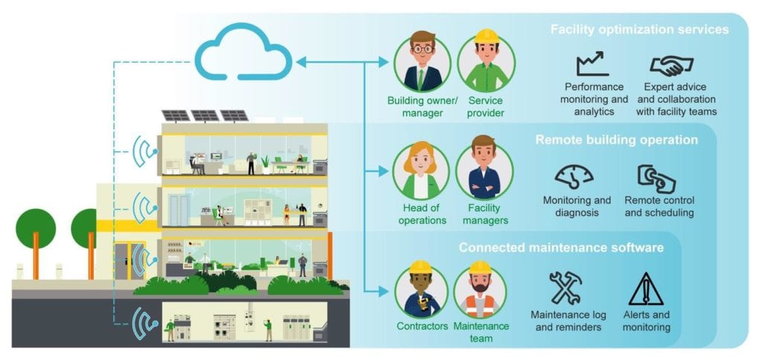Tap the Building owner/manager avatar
coord(421,62)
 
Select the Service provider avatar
coord(485,62)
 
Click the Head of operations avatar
coord(421,171)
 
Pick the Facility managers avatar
coord(484,171)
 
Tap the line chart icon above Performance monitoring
coord(592,64)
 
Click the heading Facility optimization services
coord(638,30)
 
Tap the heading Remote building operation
coord(616,139)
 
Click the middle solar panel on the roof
coord(205,116)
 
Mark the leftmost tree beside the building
coord(36,227)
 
